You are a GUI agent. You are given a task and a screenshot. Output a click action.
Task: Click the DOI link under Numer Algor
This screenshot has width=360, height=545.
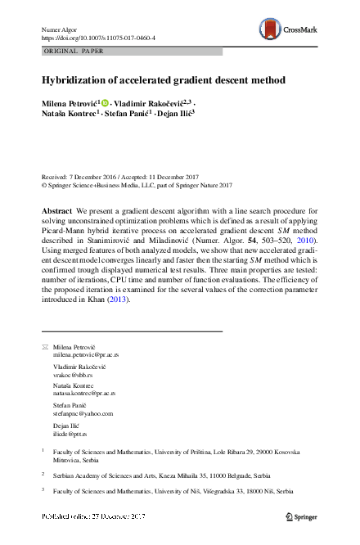click(97, 38)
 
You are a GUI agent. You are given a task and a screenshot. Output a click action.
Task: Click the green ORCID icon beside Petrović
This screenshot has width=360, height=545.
click(105, 105)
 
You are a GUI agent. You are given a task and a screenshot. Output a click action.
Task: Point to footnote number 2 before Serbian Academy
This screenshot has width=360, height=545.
click(43, 472)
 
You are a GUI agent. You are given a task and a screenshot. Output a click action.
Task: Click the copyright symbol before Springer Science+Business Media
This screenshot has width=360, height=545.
click(43, 185)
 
